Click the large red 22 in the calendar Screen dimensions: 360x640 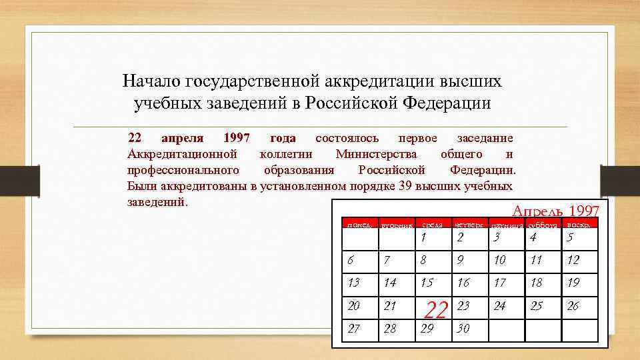[436, 310]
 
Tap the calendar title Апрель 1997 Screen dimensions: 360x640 [555, 211]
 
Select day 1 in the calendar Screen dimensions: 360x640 [423, 238]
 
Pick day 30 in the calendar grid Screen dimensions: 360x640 [463, 328]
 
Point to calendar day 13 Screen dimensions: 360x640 [353, 283]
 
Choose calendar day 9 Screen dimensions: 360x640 [460, 260]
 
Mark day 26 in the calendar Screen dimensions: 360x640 [573, 305]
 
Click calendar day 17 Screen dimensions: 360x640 [499, 283]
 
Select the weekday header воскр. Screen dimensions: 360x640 [577, 223]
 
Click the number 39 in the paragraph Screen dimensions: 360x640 [404, 185]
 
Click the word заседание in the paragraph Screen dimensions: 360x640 [485, 138]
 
